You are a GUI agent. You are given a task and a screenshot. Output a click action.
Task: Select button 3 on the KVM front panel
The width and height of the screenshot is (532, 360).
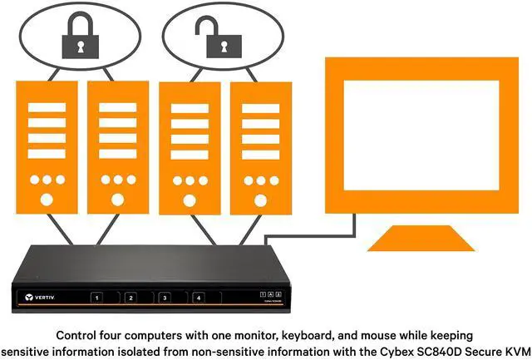[x=165, y=298]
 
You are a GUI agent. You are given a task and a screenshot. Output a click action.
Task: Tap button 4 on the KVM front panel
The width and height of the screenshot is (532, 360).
[x=198, y=298]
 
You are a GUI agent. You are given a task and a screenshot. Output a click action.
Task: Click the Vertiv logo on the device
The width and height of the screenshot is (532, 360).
[x=41, y=297]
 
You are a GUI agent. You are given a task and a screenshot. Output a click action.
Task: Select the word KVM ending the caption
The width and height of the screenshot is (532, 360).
[x=515, y=350]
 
